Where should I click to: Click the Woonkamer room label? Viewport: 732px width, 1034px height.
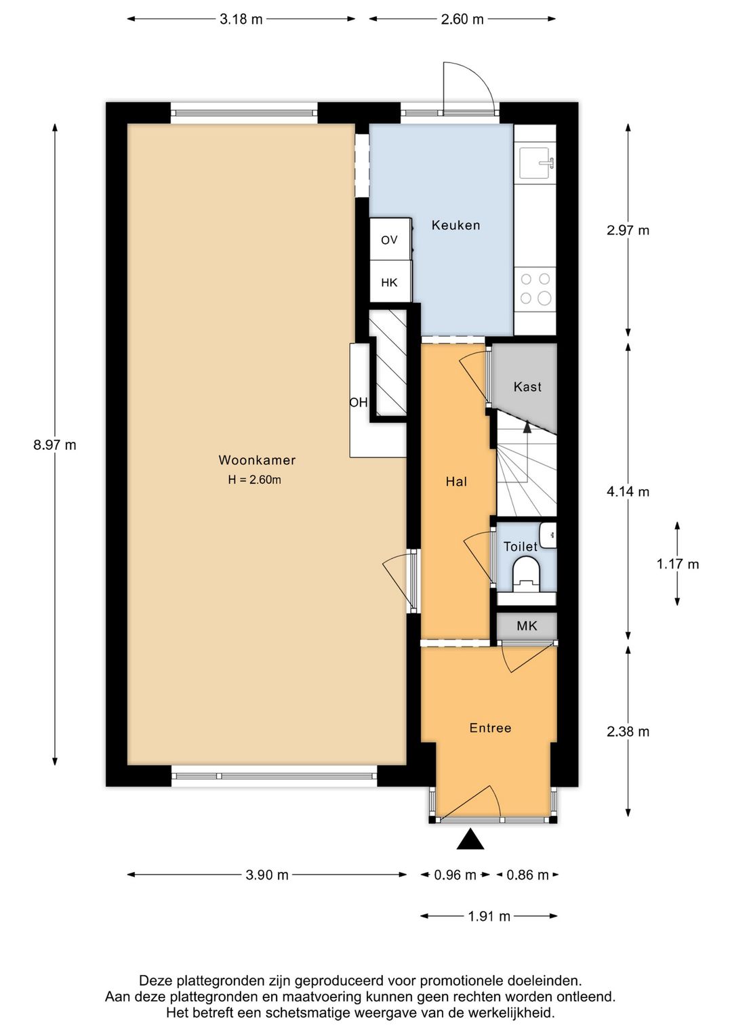click(257, 460)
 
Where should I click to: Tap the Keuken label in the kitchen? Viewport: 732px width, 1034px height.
click(456, 225)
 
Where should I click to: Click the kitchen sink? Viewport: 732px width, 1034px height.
click(535, 163)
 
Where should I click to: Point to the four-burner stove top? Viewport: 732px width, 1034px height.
click(535, 289)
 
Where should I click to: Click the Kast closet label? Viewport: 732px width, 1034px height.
click(527, 386)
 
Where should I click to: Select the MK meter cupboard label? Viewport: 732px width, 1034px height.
click(527, 626)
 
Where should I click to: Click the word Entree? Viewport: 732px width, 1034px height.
click(490, 728)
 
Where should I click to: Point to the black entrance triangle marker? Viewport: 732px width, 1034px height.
click(470, 839)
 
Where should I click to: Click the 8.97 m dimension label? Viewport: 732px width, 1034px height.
click(54, 445)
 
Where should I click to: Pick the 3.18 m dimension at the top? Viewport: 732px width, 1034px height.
click(241, 20)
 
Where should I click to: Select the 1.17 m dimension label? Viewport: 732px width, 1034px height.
click(678, 564)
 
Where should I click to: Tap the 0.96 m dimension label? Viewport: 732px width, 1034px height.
click(455, 875)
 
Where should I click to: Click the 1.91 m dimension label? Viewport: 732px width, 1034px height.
click(489, 916)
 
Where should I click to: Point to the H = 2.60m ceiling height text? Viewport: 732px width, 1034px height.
click(254, 480)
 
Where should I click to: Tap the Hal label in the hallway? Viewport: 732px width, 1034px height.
click(456, 482)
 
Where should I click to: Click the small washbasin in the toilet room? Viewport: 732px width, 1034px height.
click(548, 535)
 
